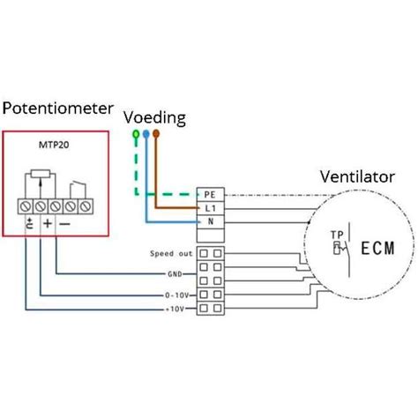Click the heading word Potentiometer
pos(58,108)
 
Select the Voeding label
pos(155,116)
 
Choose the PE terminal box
pos(209,193)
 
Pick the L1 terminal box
pos(209,207)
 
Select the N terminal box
pos(209,221)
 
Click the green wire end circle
pos(135,135)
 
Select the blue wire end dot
pos(146,135)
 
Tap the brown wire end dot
pos(156,135)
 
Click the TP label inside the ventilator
pos(336,235)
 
